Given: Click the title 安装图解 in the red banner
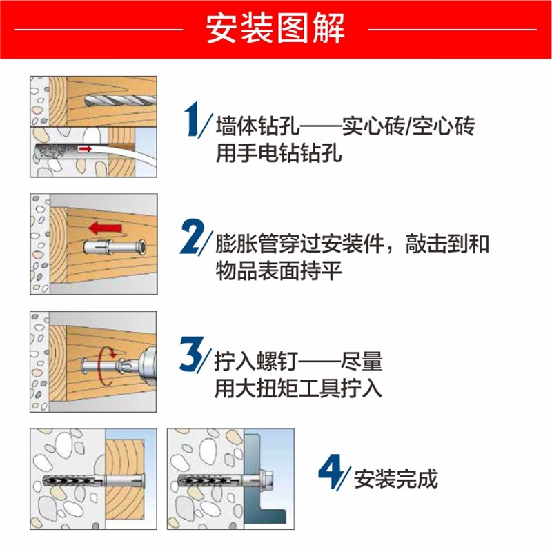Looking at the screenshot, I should (275, 30).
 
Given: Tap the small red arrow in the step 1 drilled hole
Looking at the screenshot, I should (85, 148).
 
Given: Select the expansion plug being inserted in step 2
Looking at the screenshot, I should (110, 246).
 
